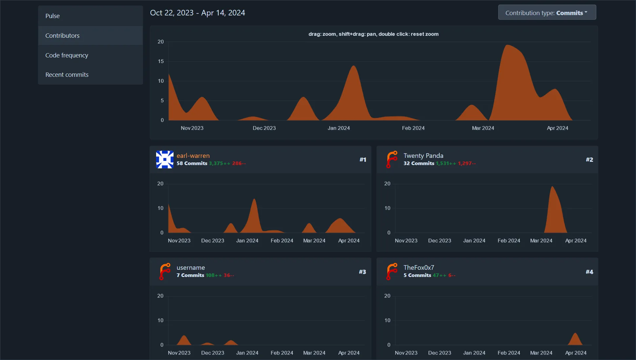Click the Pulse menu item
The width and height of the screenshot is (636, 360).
pyautogui.click(x=52, y=16)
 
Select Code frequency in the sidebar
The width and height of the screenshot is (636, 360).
pyautogui.click(x=67, y=55)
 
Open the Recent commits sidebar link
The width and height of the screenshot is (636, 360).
pyautogui.click(x=67, y=74)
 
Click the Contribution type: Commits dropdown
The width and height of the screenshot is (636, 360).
pyautogui.click(x=547, y=12)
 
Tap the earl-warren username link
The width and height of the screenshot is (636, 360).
pyautogui.click(x=193, y=156)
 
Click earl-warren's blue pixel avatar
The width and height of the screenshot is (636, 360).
pyautogui.click(x=165, y=159)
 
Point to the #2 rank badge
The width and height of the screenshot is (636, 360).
pyautogui.click(x=589, y=159)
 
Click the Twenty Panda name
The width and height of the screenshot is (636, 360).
pyautogui.click(x=423, y=156)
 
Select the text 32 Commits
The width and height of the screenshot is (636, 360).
pyautogui.click(x=419, y=163)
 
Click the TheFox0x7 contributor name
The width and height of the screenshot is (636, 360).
pyautogui.click(x=419, y=267)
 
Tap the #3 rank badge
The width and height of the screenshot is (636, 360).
pyautogui.click(x=362, y=272)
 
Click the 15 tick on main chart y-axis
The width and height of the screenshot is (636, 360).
pyautogui.click(x=161, y=61)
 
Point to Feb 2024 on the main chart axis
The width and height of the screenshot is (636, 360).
pyautogui.click(x=413, y=128)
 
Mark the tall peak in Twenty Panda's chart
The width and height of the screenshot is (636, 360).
pyautogui.click(x=552, y=188)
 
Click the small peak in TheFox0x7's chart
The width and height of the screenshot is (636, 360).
pyautogui.click(x=575, y=335)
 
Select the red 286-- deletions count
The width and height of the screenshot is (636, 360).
pyautogui.click(x=239, y=163)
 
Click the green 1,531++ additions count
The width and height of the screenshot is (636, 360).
pyautogui.click(x=445, y=163)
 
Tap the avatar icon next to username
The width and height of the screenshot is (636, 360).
pyautogui.click(x=165, y=272)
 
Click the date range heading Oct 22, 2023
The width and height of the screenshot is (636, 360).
pyautogui.click(x=172, y=13)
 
